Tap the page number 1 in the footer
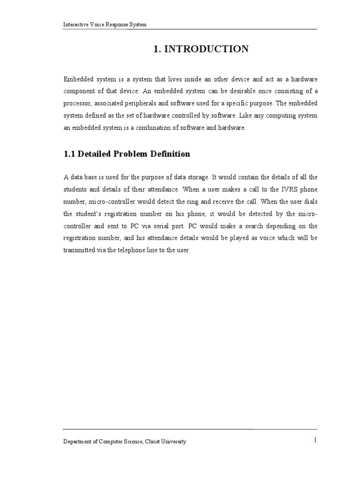pos(316,439)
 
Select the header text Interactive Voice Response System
pos(105,24)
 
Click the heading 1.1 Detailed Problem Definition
pos(127,154)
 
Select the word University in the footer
pos(175,442)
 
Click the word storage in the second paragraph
pos(195,177)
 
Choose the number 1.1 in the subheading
pos(69,154)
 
